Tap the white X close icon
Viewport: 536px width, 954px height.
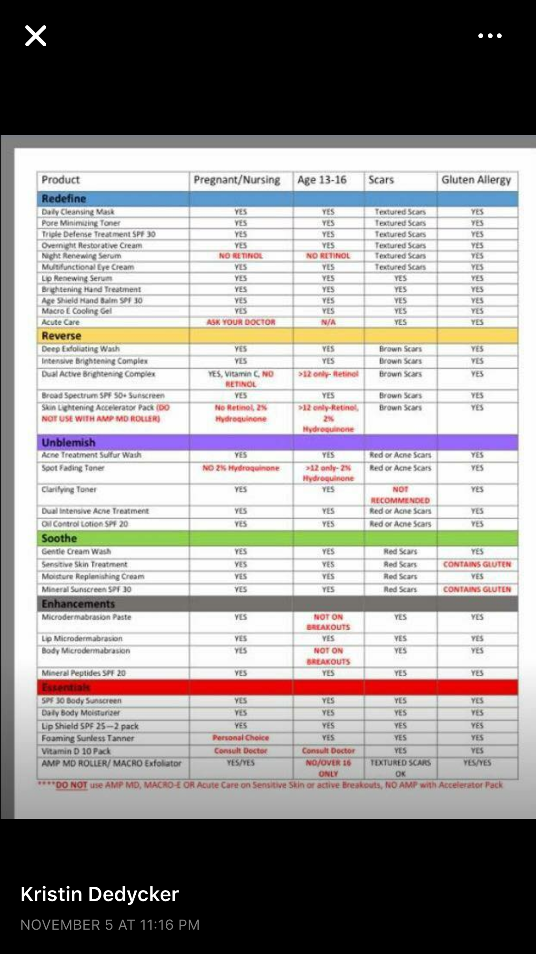coord(36,36)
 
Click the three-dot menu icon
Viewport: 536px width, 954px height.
coord(490,36)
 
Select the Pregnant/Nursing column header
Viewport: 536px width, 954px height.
coord(237,180)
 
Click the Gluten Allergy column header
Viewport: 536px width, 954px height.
coord(476,180)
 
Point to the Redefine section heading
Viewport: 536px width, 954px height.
coord(64,199)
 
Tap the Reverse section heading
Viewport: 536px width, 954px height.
coord(61,336)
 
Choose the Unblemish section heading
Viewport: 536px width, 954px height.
coord(69,442)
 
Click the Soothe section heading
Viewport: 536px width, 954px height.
coord(59,538)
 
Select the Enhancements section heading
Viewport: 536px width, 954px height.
coord(78,604)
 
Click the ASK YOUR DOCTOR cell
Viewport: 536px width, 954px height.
coord(241,322)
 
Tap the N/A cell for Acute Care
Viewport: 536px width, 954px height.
coord(328,322)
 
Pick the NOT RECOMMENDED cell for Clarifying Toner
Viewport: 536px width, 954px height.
coord(400,495)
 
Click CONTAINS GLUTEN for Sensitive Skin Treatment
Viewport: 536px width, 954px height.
coord(477,564)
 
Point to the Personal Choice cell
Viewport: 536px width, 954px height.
coord(241,738)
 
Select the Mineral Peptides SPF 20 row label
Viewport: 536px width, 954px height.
coord(84,673)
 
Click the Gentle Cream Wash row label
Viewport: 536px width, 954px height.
coord(76,552)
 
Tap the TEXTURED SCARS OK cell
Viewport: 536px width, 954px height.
coord(400,768)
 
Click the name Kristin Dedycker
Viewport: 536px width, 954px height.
coord(100,894)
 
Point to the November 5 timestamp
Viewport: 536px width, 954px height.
coord(110,925)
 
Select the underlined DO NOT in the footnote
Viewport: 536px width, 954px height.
coord(71,785)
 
